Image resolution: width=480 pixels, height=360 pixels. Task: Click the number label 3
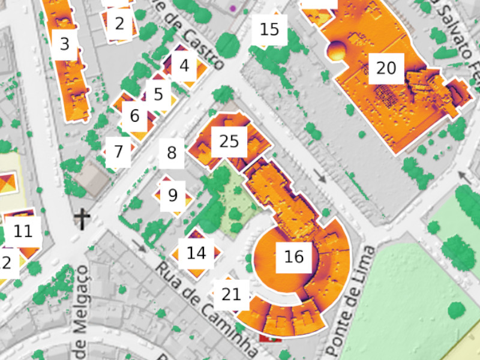[x=65, y=44]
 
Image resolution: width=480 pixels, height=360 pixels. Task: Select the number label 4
[x=184, y=65]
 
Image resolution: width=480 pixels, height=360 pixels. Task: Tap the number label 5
[x=158, y=94]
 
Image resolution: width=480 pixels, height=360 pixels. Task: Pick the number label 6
[x=134, y=116]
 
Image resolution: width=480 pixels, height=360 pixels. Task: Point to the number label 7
[x=118, y=151]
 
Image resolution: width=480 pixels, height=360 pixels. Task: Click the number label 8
[x=172, y=152]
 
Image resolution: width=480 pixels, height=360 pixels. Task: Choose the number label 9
[x=173, y=194]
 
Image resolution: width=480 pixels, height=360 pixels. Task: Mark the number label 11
[x=23, y=231]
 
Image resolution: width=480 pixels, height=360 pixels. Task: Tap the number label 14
[x=196, y=253]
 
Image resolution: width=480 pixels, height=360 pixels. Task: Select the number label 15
[x=270, y=29]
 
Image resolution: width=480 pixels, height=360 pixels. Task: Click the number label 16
[x=293, y=257]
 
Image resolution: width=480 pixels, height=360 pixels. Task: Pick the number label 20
[x=386, y=68]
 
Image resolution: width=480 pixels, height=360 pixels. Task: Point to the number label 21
[x=231, y=294]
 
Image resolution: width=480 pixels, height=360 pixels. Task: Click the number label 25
[x=229, y=142]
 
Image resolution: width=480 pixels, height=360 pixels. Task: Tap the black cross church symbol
[x=82, y=219]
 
